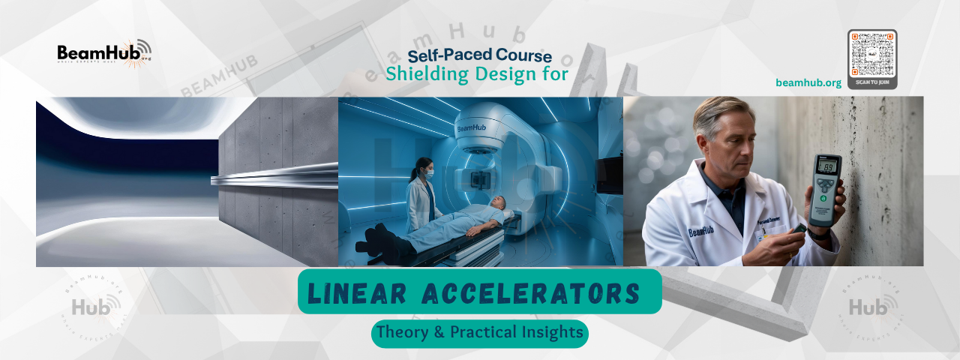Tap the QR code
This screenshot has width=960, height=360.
pos(872,53)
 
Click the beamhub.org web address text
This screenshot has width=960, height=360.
pos(808,82)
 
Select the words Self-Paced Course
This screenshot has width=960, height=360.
pos(480,55)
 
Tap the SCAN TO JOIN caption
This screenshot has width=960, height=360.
pos(872,80)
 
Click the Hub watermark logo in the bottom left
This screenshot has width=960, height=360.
pos(93,306)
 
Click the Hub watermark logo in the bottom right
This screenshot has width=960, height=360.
pos(869,306)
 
